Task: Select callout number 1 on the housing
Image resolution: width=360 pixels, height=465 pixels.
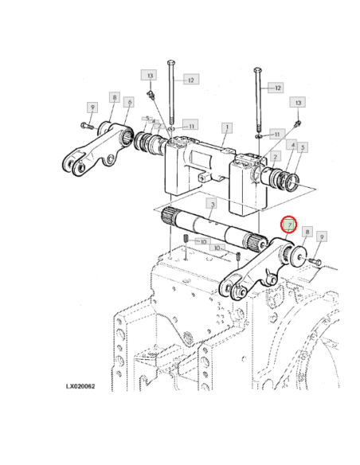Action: tap(227, 127)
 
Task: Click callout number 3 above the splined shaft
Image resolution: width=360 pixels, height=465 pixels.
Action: tap(211, 205)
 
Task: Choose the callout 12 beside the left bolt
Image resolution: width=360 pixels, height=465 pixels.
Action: tap(190, 80)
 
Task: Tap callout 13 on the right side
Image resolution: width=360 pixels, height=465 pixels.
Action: tap(299, 103)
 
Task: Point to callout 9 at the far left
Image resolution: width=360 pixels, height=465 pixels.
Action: tap(92, 107)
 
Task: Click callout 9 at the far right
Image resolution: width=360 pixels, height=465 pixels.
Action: tap(322, 236)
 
